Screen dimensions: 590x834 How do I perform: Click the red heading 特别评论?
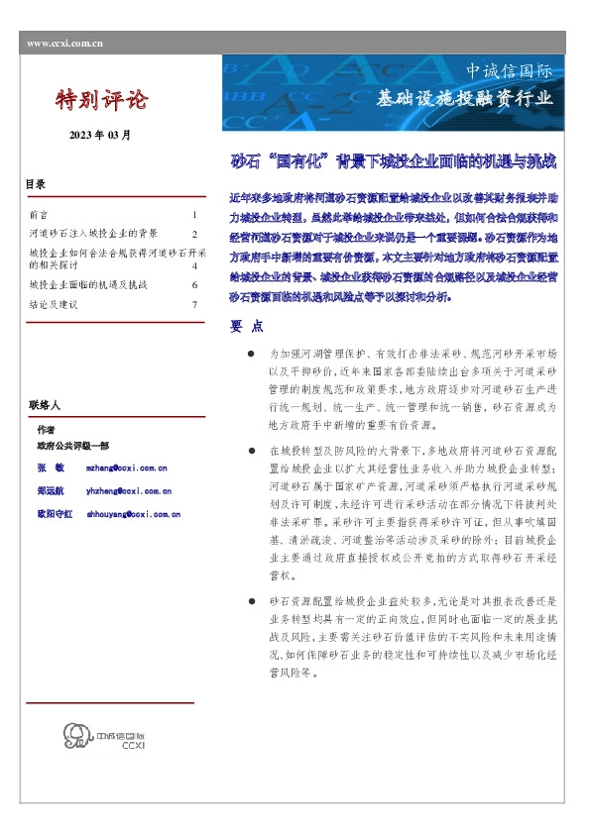(101, 100)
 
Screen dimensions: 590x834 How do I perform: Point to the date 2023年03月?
(99, 135)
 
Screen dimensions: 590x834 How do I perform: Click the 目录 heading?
(36, 186)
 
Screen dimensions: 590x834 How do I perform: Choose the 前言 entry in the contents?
(39, 215)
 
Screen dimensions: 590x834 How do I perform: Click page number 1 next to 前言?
(194, 215)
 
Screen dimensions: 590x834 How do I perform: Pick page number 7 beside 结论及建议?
(194, 305)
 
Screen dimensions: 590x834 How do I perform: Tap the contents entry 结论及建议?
(54, 305)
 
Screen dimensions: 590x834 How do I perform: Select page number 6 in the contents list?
(194, 285)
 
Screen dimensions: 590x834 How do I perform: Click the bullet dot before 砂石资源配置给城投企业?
(254, 602)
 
